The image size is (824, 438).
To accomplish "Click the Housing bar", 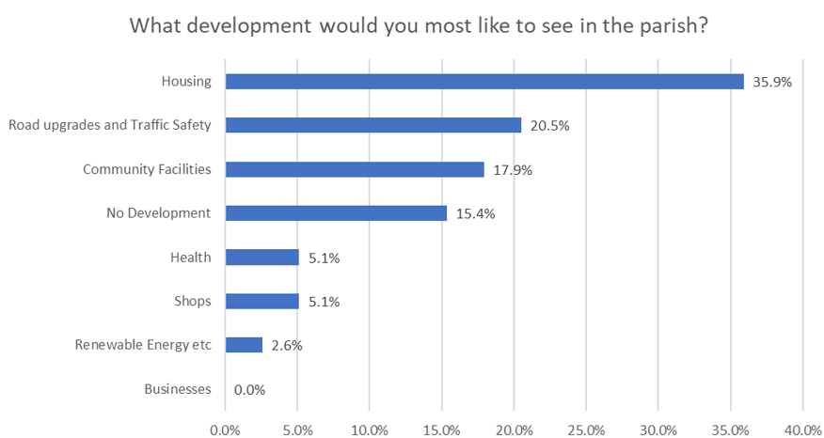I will coord(484,82).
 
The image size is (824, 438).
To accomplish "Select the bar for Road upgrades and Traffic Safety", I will coord(373,125).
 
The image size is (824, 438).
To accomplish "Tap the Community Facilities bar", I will coord(355,169).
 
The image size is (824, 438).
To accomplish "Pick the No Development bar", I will coord(336,213).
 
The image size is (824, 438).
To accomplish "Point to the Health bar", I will coord(262,258).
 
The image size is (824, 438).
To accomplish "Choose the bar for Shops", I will coord(262,302).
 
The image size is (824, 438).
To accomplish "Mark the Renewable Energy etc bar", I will coord(244,345).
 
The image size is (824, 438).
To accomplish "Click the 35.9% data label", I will coord(772,82).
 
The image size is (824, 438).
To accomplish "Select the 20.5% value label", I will coord(550,126).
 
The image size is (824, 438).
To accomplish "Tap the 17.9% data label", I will coord(513,170).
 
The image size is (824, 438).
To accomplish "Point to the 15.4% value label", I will coord(475,213).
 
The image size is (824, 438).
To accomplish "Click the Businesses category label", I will coord(178,389).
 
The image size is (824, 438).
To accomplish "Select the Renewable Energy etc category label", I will coord(143,345).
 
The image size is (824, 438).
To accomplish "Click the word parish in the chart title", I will coord(669,25).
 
